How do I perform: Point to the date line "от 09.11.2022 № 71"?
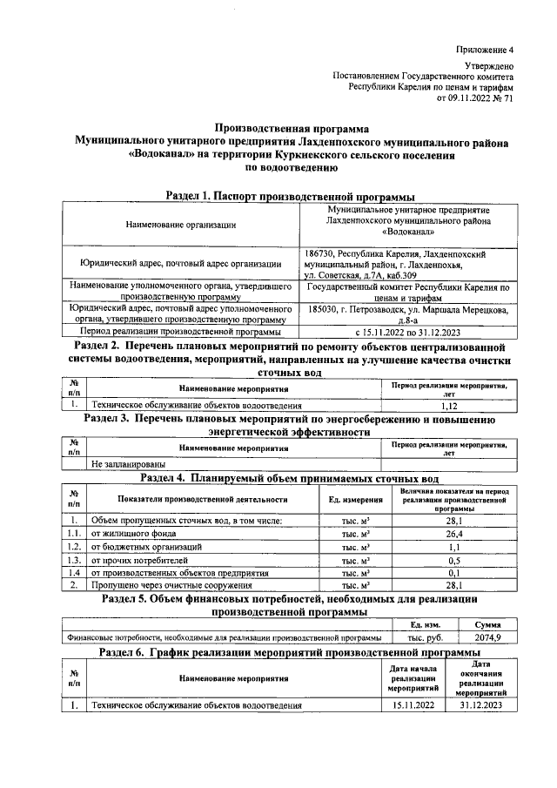point(474,98)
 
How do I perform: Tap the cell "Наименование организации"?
point(180,226)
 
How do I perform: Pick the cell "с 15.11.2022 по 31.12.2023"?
point(408,332)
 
